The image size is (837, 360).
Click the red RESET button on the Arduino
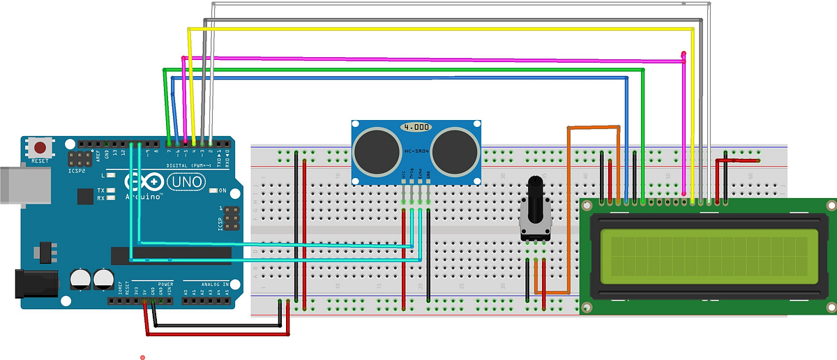point(41,148)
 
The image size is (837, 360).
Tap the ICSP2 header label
point(77,170)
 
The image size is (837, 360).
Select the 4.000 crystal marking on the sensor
point(416,128)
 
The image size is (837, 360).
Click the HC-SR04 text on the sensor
point(416,152)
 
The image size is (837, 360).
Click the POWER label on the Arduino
point(165,285)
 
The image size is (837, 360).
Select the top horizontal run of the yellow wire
point(439,29)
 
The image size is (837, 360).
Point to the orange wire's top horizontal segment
point(594,128)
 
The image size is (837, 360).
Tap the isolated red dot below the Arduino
point(142,357)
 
